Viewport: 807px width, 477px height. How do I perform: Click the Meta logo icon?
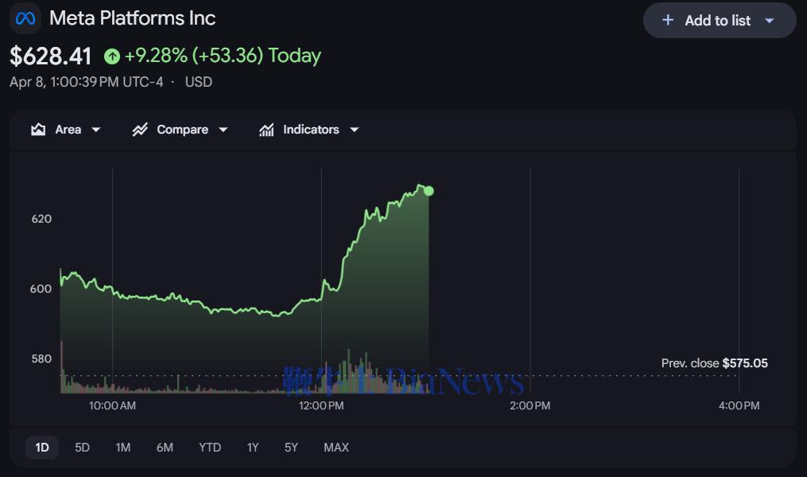point(25,18)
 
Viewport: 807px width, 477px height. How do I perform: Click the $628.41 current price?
point(51,56)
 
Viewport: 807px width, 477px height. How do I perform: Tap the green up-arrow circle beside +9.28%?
point(112,56)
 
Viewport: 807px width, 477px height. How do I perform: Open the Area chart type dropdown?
point(66,130)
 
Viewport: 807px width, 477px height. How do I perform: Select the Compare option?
point(180,130)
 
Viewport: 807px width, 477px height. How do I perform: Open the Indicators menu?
point(309,130)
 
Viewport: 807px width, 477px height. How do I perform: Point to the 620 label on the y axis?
point(41,219)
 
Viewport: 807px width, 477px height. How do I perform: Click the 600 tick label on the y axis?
point(41,289)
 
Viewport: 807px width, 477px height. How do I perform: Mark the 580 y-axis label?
point(41,359)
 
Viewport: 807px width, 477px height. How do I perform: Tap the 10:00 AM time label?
point(112,405)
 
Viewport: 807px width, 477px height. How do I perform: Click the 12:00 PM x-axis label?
point(321,405)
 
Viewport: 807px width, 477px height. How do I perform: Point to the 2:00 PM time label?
point(530,405)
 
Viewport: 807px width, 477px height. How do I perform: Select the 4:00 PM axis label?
point(739,405)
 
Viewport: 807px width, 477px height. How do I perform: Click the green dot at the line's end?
point(429,191)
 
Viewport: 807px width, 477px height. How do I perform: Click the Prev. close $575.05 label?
point(714,363)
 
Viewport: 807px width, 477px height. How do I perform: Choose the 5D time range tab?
point(82,448)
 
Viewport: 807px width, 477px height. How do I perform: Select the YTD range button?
point(210,448)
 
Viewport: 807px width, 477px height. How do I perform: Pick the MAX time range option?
point(336,448)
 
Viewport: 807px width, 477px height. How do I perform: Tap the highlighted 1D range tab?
point(42,448)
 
